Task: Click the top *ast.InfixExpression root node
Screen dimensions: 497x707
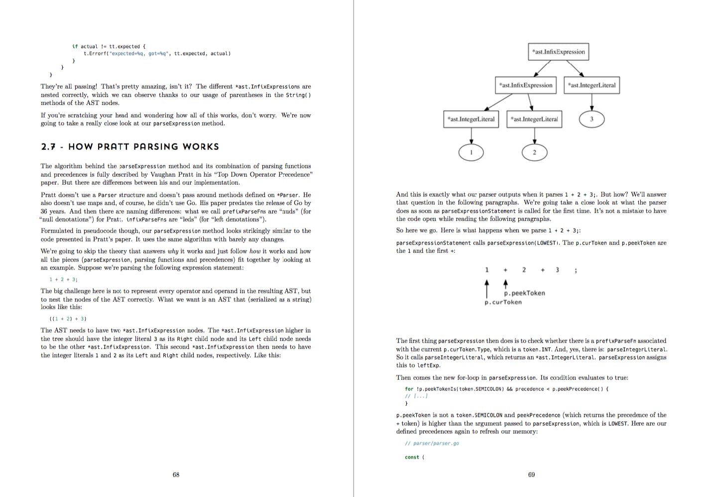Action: click(558, 52)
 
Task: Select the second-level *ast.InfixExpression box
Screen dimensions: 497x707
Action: click(527, 85)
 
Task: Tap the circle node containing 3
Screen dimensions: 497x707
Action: click(591, 119)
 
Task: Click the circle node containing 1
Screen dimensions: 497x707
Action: click(471, 152)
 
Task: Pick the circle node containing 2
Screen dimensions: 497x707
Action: click(534, 152)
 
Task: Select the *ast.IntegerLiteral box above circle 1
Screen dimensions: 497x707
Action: click(471, 119)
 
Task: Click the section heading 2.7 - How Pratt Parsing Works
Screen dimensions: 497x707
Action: click(130, 146)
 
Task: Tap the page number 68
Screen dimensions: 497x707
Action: click(176, 475)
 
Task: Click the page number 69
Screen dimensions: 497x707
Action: click(531, 475)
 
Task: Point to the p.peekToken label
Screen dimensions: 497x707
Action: click(524, 293)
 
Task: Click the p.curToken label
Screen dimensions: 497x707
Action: click(503, 302)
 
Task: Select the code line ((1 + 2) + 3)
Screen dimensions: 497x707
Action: click(68, 319)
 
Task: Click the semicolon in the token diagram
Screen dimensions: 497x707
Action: click(576, 270)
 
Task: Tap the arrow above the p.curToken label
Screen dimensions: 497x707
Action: click(487, 288)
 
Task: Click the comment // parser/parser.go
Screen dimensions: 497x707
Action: click(432, 443)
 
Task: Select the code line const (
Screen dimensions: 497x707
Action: click(414, 457)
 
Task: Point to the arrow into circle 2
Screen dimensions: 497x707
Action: click(534, 135)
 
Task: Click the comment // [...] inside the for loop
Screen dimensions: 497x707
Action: click(416, 396)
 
